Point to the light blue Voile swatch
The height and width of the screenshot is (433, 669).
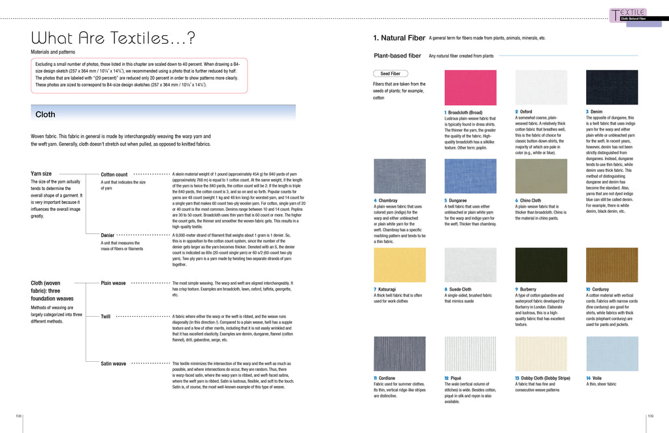pyautogui.click(x=612, y=354)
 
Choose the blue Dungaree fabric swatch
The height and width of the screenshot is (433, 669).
pyautogui.click(x=470, y=176)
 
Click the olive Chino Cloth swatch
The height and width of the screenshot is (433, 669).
pyautogui.click(x=541, y=176)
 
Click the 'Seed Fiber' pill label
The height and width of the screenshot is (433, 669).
pyautogui.click(x=390, y=74)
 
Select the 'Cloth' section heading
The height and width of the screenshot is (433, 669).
pyautogui.click(x=46, y=114)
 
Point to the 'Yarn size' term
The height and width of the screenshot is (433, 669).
pyautogui.click(x=41, y=174)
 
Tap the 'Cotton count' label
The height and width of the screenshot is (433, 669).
pyautogui.click(x=114, y=174)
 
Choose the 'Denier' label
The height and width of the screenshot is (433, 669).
pyautogui.click(x=108, y=235)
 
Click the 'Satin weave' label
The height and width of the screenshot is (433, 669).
pyautogui.click(x=114, y=363)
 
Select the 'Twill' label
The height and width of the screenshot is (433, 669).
pyautogui.click(x=105, y=316)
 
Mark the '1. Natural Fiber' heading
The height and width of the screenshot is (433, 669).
pyautogui.click(x=395, y=39)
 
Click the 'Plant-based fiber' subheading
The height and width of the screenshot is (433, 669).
pyautogui.click(x=397, y=56)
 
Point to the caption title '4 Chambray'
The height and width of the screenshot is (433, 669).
pyautogui.click(x=385, y=200)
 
